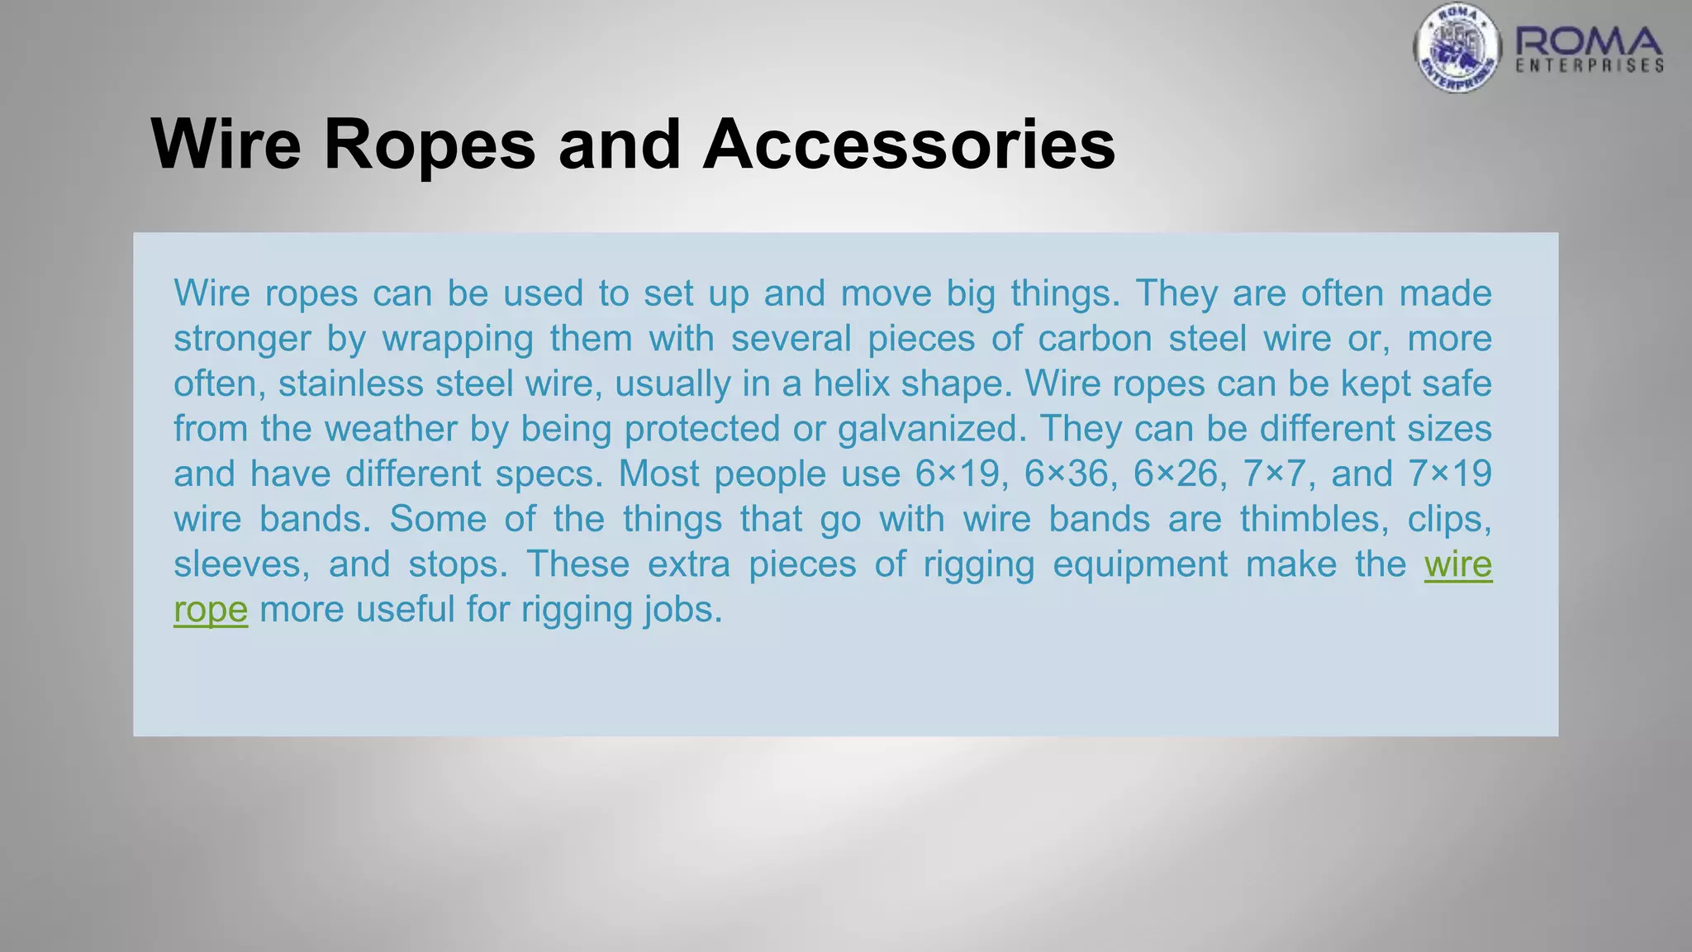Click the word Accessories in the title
pyautogui.click(x=909, y=145)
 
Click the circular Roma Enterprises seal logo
pyautogui.click(x=1457, y=48)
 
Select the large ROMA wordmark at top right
pyautogui.click(x=1589, y=41)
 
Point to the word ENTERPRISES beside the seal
pyautogui.click(x=1590, y=66)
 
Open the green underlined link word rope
pyautogui.click(x=211, y=610)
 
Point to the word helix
pyautogui.click(x=853, y=383)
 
